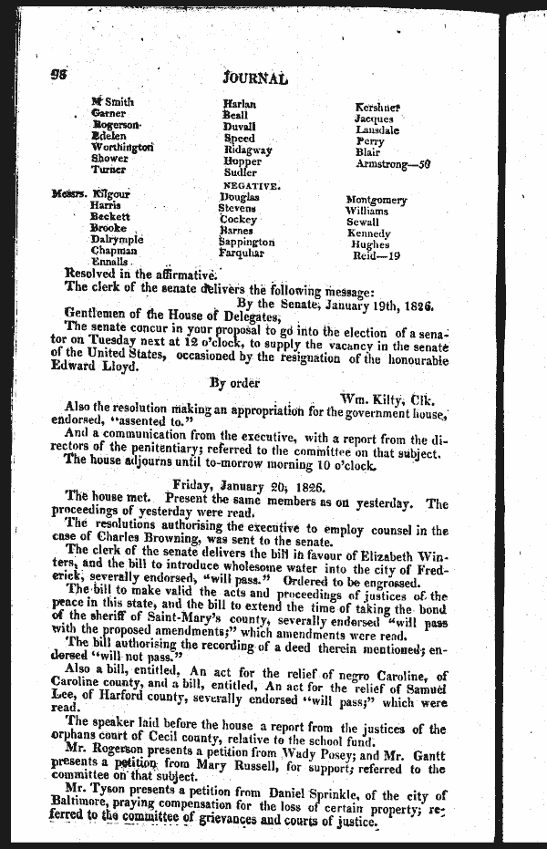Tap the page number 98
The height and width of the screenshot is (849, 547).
61,76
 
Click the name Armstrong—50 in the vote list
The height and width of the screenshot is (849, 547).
392,165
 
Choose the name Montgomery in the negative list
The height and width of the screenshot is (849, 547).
377,200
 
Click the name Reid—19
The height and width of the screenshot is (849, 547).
377,256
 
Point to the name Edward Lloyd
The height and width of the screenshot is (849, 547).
100,367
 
